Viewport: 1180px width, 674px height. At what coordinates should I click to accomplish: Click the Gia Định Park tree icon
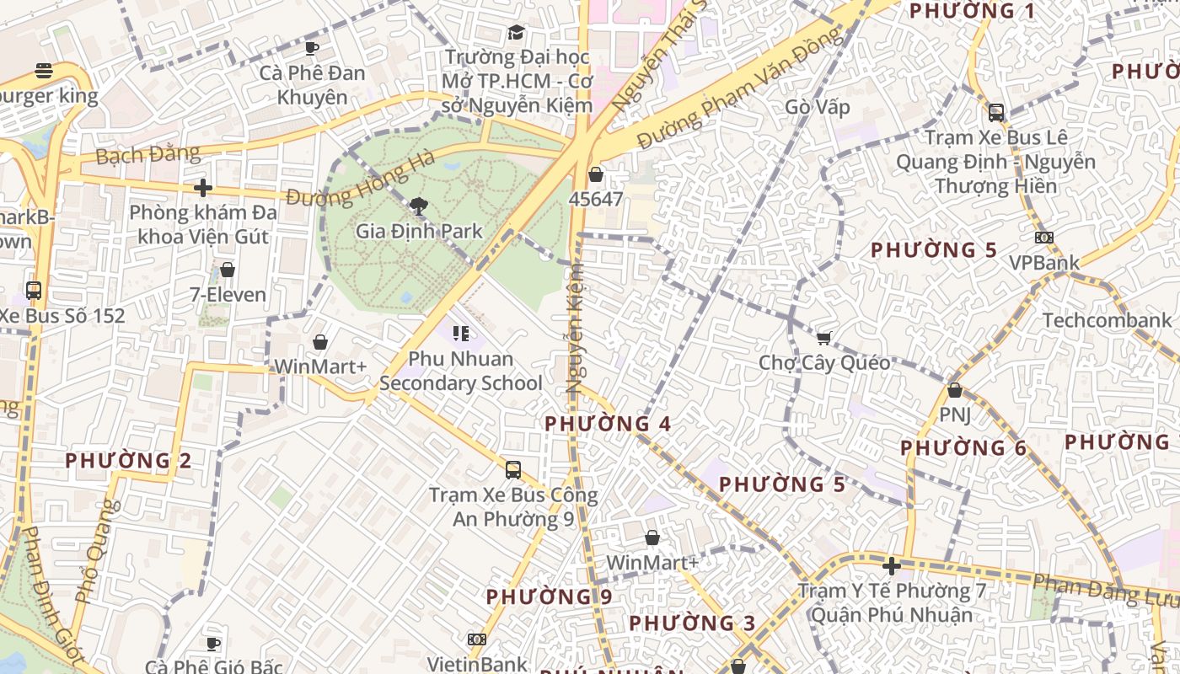[x=418, y=205]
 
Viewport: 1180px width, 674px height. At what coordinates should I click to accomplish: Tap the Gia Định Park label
[x=419, y=231]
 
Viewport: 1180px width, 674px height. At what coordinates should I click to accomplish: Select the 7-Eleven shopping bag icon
[x=227, y=270]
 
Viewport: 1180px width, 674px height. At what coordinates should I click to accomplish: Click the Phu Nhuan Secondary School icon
[x=460, y=334]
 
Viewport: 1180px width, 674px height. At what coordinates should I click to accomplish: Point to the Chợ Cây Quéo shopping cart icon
[x=823, y=338]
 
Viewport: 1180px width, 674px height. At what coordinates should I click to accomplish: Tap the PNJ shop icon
[x=954, y=390]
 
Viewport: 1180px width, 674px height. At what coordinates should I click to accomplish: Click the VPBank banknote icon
[x=1043, y=238]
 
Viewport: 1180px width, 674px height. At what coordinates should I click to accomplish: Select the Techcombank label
[x=1107, y=320]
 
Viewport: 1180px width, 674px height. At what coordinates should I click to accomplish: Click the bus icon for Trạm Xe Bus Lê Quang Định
[x=995, y=112]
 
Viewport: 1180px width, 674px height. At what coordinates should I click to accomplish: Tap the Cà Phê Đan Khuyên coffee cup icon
[x=312, y=48]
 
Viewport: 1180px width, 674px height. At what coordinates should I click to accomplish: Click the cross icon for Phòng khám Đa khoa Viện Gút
[x=202, y=187]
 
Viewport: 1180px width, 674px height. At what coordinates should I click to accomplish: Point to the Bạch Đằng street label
[x=147, y=155]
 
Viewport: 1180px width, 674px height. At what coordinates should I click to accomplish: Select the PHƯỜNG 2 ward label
[x=128, y=461]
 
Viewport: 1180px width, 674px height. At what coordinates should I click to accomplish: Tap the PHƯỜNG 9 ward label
[x=549, y=596]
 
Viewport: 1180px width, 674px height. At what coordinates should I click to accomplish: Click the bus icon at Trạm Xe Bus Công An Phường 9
[x=512, y=469]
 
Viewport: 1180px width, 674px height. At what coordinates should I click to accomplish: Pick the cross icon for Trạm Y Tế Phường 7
[x=891, y=565]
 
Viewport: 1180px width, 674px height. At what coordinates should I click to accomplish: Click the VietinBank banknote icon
[x=476, y=639]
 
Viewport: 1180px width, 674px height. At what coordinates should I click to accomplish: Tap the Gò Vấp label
[x=817, y=108]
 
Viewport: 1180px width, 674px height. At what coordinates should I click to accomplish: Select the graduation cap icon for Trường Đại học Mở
[x=516, y=32]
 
